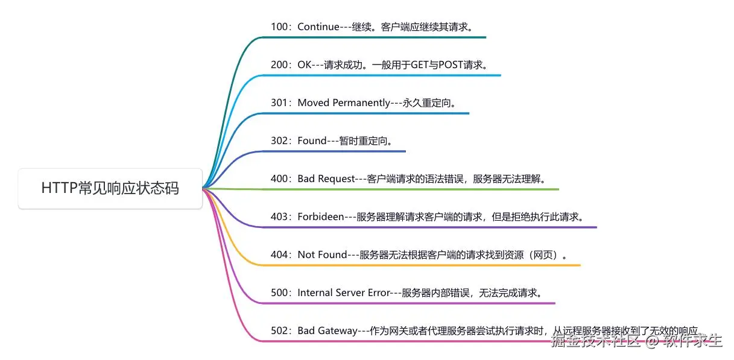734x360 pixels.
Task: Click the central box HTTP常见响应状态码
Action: (x=110, y=188)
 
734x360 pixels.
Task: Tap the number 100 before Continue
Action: (x=280, y=27)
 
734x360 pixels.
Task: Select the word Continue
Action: (x=318, y=27)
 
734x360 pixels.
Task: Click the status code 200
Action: (x=280, y=65)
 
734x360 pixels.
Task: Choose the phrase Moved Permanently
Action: (x=344, y=103)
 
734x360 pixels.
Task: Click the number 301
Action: (x=280, y=103)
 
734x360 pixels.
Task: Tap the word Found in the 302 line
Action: (x=312, y=141)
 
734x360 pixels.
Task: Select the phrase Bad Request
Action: (x=326, y=179)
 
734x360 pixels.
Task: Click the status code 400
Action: (x=280, y=179)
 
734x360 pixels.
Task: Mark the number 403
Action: (x=280, y=217)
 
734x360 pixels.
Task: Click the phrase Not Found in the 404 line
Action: (x=323, y=255)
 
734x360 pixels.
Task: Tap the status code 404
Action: (x=280, y=255)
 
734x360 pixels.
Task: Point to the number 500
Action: (x=280, y=293)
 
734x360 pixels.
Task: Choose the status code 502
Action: (x=280, y=331)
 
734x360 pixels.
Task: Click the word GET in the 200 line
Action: (x=420, y=65)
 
